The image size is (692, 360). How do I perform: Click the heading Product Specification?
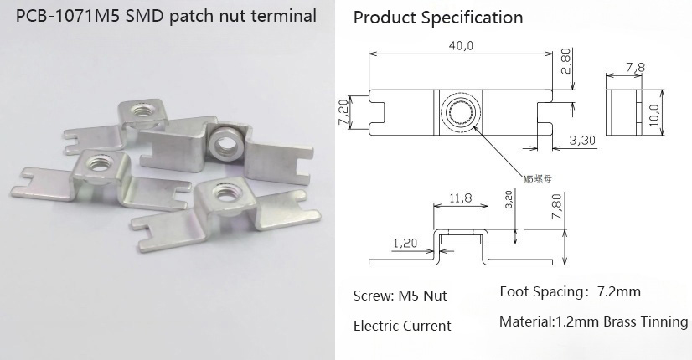click(x=437, y=18)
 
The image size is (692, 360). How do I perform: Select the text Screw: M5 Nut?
click(x=400, y=296)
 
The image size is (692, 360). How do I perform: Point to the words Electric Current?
click(x=402, y=326)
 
